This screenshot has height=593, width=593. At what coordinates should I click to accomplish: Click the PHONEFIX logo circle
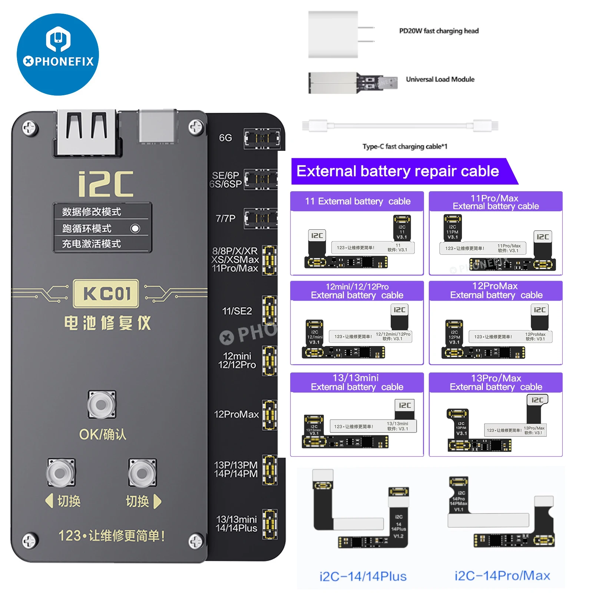pyautogui.click(x=58, y=54)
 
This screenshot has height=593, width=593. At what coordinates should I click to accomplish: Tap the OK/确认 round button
pyautogui.click(x=101, y=405)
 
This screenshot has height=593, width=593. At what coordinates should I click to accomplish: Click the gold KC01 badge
pyautogui.click(x=106, y=294)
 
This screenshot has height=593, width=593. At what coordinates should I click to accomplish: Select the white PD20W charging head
pyautogui.click(x=333, y=34)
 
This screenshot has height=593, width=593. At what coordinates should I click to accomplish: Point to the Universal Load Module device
pyautogui.click(x=352, y=82)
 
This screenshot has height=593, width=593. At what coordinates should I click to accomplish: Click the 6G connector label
pyautogui.click(x=225, y=138)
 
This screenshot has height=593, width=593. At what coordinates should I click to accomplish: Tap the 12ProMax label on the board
pyautogui.click(x=236, y=414)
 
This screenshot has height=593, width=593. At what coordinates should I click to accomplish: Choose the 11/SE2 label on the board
pyautogui.click(x=237, y=311)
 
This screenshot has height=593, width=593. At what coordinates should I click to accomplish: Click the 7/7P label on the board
pyautogui.click(x=225, y=218)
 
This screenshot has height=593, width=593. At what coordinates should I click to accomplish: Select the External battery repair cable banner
pyautogui.click(x=398, y=171)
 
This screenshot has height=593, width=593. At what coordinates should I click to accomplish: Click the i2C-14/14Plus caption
pyautogui.click(x=363, y=576)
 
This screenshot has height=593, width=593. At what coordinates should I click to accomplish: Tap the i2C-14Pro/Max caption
pyautogui.click(x=502, y=576)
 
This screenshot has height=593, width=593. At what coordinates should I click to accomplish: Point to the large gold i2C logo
pyautogui.click(x=106, y=184)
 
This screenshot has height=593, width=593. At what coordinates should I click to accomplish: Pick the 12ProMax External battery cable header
pyautogui.click(x=496, y=291)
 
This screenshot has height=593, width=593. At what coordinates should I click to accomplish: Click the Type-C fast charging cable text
pyautogui.click(x=405, y=146)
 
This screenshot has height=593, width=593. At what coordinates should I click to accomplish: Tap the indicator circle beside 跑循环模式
pyautogui.click(x=135, y=228)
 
